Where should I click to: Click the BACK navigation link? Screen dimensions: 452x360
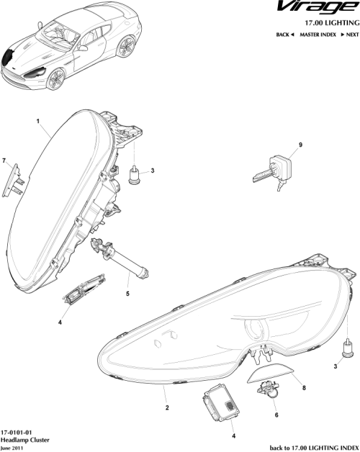[285, 35]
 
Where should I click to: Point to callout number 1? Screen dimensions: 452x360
[37, 122]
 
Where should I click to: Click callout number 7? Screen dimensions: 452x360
[4, 160]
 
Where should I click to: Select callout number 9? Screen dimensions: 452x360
[300, 145]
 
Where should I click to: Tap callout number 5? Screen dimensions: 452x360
[127, 294]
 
